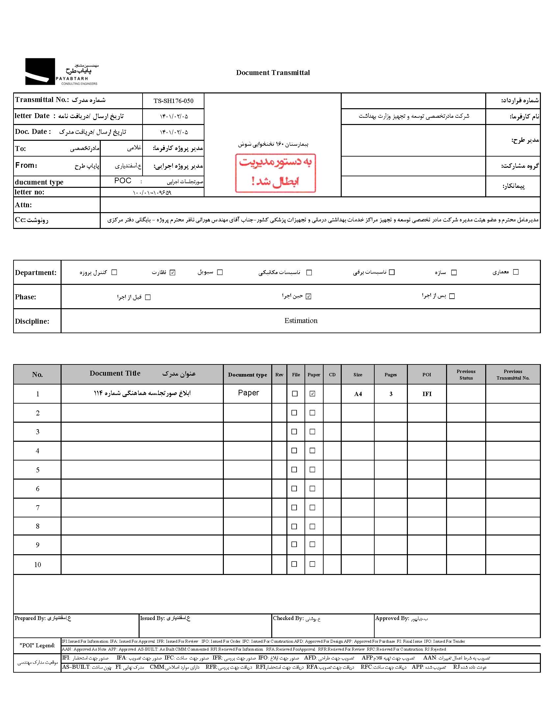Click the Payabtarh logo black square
click(40, 71)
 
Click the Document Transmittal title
click(273, 73)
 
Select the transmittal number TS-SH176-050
click(173, 101)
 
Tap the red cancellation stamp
click(275, 173)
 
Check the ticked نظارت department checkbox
click(172, 272)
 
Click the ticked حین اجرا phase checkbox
click(308, 296)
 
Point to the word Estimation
click(301, 321)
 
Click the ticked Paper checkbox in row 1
click(312, 394)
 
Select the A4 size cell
click(358, 394)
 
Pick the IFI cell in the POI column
click(427, 394)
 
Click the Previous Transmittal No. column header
click(513, 375)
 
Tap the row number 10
click(38, 565)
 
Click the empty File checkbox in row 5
click(294, 469)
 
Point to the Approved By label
click(392, 618)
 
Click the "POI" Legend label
click(37, 645)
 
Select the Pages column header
click(390, 375)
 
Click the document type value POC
click(123, 181)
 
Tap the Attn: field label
click(23, 205)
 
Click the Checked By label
click(288, 618)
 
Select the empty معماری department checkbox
click(516, 272)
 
